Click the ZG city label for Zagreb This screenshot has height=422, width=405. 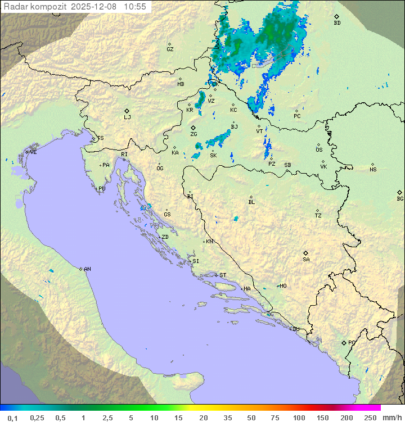click(x=193, y=134)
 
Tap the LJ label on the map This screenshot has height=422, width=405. click(x=127, y=117)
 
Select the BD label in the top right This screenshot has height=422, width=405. click(x=337, y=23)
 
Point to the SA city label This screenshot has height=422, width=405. click(x=306, y=260)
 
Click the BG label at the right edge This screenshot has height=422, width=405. click(x=400, y=199)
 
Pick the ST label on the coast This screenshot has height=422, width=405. click(x=223, y=275)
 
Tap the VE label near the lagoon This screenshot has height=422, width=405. click(x=33, y=152)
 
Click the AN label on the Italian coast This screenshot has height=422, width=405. click(x=87, y=269)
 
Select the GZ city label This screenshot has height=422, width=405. click(x=170, y=49)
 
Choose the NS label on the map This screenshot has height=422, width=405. click(x=373, y=170)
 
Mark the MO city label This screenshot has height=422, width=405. click(x=283, y=286)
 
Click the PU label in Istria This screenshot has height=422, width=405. click(x=102, y=189)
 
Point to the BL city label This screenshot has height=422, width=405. click(x=251, y=202)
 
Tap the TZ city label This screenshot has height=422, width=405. click(x=318, y=216)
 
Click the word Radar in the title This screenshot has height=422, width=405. click(x=15, y=7)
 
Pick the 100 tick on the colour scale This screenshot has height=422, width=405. click(x=299, y=418)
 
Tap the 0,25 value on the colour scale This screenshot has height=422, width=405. click(x=37, y=418)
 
